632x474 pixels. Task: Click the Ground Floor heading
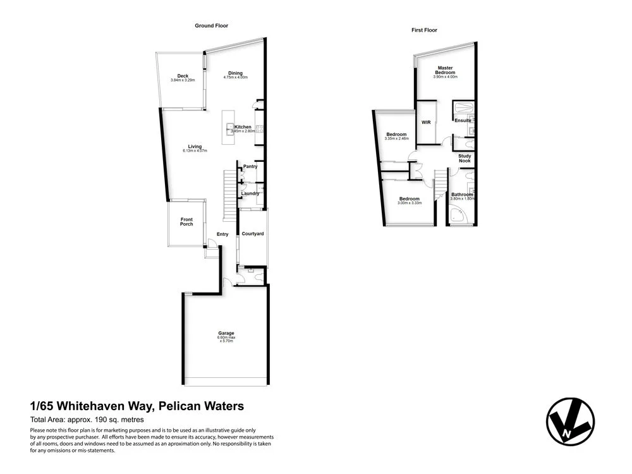tap(211, 26)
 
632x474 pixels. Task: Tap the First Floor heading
tap(424, 30)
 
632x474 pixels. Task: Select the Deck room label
tap(183, 76)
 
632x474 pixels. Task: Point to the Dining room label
tap(235, 73)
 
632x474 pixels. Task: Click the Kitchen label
tap(243, 127)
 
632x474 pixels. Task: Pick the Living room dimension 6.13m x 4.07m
tap(195, 151)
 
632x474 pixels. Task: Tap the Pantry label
tap(250, 167)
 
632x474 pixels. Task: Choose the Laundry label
tap(250, 193)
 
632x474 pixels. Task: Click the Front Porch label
tap(186, 222)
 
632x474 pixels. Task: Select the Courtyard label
tap(253, 234)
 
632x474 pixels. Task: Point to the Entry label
tap(222, 234)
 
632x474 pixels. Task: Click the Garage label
tap(226, 333)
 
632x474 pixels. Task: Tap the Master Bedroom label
tap(445, 70)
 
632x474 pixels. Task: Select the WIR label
tap(426, 122)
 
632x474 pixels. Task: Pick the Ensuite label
tap(463, 121)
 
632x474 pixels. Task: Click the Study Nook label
tap(465, 159)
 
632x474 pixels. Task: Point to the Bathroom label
tap(462, 195)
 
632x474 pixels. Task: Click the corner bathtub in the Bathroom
tap(457, 216)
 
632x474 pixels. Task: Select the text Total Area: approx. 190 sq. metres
tap(87, 420)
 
